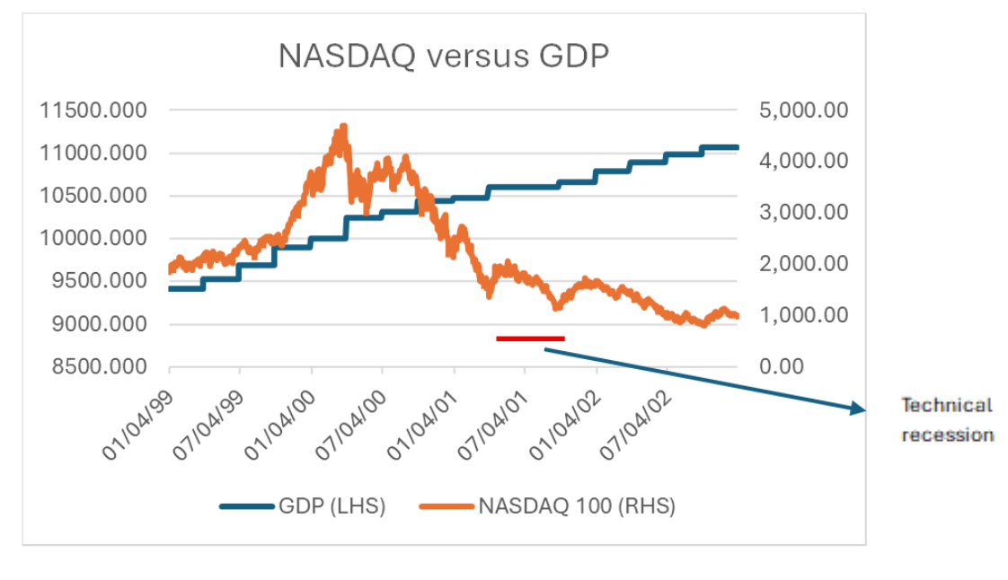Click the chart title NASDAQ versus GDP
[444, 56]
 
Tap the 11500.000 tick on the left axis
[93, 110]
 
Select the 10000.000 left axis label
[93, 239]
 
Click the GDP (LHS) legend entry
[303, 506]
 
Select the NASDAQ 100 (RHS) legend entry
[547, 506]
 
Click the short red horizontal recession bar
[530, 338]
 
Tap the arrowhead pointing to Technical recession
[858, 410]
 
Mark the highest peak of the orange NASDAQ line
[342, 127]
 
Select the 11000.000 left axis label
[93, 154]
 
